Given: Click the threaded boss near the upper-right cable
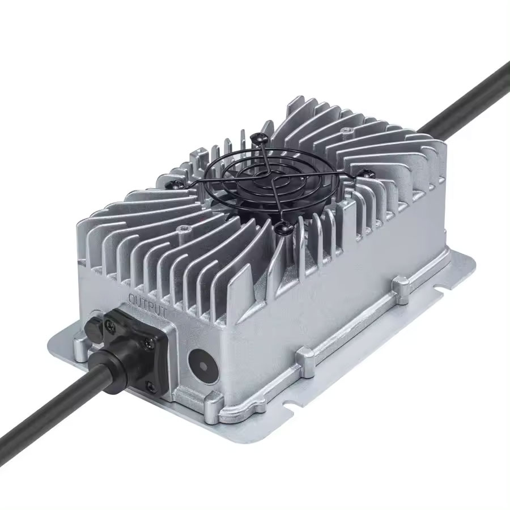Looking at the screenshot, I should pos(343,131).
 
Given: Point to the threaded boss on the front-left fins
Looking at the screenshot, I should pos(183,230).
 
